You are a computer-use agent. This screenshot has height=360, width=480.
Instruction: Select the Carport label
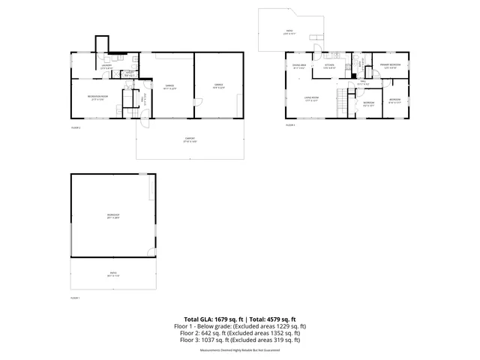(190, 140)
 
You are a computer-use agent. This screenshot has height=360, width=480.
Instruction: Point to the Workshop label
(114, 217)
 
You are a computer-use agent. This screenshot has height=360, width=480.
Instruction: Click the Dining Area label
(298, 67)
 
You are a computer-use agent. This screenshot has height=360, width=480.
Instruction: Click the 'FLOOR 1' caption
(75, 298)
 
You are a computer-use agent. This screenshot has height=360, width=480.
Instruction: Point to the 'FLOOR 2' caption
(75, 127)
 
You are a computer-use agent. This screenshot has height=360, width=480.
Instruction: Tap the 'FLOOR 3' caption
(290, 125)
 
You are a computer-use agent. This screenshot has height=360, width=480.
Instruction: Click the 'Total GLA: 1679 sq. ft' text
(212, 319)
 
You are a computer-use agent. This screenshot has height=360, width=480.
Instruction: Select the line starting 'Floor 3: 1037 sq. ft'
(239, 340)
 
